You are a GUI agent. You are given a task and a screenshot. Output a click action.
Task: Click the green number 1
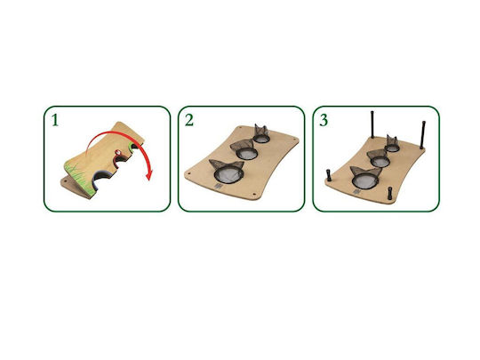coord(55,120)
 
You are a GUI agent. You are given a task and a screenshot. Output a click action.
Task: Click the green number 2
coord(189,120)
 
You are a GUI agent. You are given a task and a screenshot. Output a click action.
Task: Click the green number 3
coord(324,120)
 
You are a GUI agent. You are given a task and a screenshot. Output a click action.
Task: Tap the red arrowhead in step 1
coord(148,176)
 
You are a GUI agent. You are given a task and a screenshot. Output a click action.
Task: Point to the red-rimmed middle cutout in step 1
coord(120,158)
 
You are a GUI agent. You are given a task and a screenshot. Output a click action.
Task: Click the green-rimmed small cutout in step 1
coord(133,146)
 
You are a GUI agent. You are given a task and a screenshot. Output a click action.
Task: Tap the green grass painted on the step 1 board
coord(78,179)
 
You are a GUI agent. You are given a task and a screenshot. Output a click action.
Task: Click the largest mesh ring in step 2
coord(229,174)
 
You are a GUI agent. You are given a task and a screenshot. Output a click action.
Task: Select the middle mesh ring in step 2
coord(247,153)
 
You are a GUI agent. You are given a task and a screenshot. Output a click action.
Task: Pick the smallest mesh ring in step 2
coord(261,139)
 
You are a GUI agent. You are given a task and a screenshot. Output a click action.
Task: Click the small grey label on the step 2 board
coord(218,186)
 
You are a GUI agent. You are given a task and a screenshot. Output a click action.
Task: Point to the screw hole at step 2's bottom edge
coord(253,195)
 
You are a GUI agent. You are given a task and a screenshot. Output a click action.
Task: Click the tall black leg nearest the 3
coord(372,124)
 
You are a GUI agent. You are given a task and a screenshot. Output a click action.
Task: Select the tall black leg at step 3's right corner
coord(423,135)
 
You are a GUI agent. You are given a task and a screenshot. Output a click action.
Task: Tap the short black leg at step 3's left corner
coord(329,175)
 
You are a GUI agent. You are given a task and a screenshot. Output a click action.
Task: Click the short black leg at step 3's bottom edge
coord(390,193)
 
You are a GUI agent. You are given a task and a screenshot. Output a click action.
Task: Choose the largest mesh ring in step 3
coord(365,181)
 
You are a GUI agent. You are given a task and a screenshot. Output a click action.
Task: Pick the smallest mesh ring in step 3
coord(392,148)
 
